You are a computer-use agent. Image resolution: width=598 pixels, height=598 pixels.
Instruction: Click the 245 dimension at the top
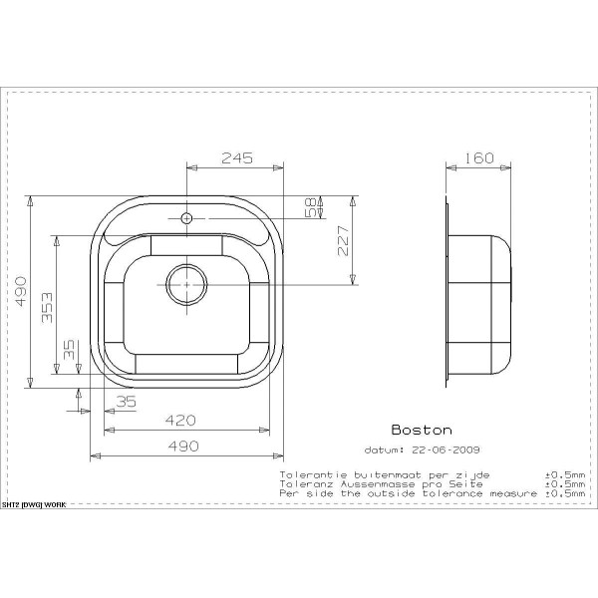click(236, 157)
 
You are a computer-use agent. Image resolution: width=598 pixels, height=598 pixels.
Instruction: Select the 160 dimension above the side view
click(478, 157)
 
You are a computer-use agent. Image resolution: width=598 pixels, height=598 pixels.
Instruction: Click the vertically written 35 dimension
click(69, 349)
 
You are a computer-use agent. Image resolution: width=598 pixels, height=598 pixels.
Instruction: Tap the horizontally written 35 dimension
click(126, 401)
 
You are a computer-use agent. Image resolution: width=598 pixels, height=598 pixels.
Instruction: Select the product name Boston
click(420, 431)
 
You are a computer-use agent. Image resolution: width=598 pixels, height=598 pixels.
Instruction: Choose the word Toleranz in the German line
click(302, 483)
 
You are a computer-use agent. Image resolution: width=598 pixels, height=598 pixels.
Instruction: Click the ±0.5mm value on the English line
click(563, 493)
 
